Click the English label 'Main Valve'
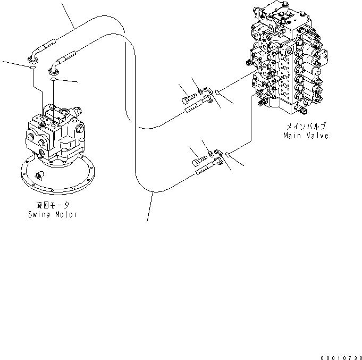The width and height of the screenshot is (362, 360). point(305,136)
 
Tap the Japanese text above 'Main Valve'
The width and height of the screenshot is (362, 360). point(306,127)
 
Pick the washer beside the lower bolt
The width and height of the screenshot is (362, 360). point(211,154)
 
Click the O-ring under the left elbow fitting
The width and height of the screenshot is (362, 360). point(33,68)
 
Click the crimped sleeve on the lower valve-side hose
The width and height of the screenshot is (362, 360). point(203,170)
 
